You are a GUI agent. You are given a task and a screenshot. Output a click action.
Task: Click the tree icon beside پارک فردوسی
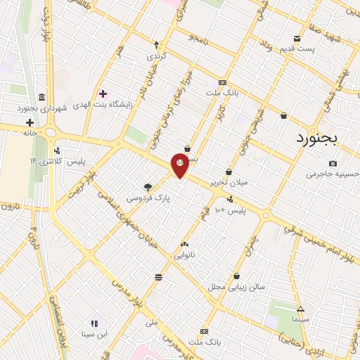[148, 187]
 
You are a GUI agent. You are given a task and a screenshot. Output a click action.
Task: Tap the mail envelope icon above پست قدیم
[297, 38]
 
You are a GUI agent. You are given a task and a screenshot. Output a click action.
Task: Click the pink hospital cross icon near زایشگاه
[103, 93]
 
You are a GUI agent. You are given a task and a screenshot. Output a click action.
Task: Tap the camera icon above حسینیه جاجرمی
[332, 163]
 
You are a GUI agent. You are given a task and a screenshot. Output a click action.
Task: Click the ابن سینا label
[95, 334]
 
